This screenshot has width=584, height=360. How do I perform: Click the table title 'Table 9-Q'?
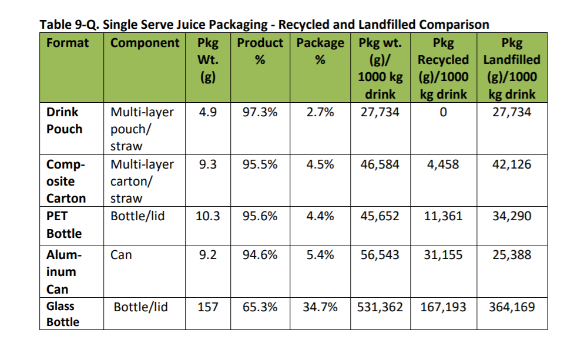point(264,25)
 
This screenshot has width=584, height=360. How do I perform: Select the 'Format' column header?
point(68,43)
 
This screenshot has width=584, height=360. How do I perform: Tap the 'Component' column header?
point(145,43)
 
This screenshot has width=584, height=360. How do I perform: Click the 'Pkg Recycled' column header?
point(443,68)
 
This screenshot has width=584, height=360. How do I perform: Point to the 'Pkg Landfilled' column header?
point(511,68)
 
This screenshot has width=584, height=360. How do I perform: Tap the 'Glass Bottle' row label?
point(62,314)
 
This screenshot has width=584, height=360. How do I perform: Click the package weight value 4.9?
point(207,112)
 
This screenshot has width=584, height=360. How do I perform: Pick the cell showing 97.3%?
point(260,112)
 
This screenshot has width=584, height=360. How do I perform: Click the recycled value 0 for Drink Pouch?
point(443,112)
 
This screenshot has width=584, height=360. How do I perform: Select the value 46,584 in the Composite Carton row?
point(380,164)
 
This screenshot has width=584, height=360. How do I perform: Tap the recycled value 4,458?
point(443,164)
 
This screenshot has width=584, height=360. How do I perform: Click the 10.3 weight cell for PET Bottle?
point(207,216)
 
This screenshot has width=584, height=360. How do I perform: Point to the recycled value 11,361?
point(443,216)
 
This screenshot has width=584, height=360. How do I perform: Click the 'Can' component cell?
point(121,255)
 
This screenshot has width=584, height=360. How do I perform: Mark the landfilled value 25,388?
point(511,255)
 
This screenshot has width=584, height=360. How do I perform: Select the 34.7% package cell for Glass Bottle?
point(320,307)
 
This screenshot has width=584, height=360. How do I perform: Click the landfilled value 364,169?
point(511,307)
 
